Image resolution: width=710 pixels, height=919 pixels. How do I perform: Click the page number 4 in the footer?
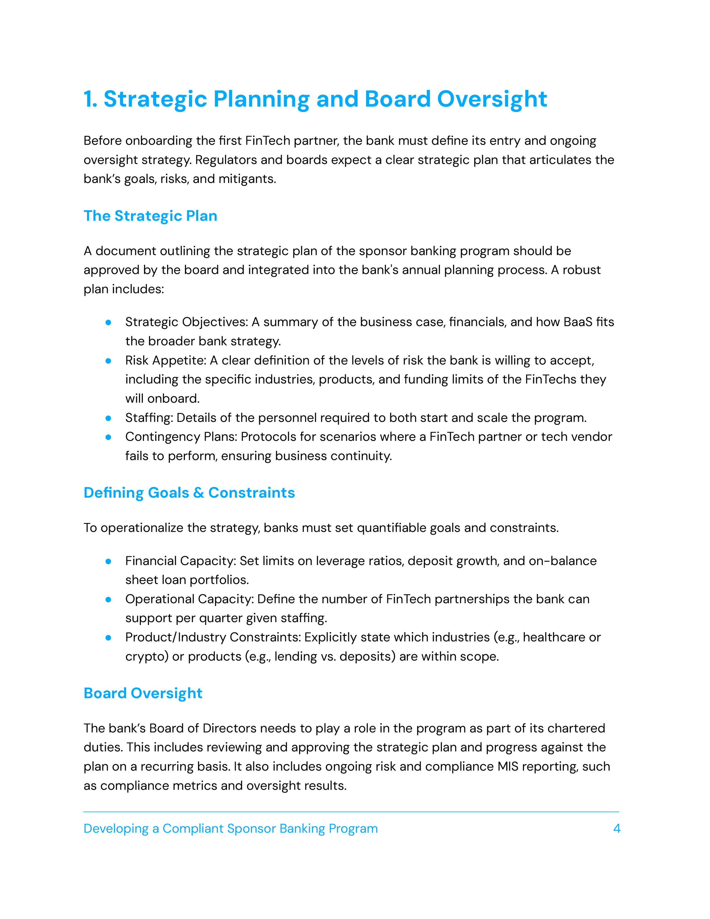pos(617,829)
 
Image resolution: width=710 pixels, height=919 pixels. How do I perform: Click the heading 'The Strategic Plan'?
pos(150,216)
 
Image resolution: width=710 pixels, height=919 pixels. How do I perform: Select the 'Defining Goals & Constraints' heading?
pos(189,493)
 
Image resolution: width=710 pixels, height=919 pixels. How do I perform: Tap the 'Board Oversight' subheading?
pos(143,693)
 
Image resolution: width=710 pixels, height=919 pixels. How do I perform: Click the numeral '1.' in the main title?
pos(90,99)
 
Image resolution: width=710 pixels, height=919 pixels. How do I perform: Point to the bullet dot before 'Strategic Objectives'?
pos(108,322)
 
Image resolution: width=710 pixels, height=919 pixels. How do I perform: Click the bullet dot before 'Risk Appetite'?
pos(108,360)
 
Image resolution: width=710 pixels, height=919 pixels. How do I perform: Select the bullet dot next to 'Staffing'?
pos(108,418)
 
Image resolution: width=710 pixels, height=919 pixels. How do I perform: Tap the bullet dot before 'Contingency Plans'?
pos(108,437)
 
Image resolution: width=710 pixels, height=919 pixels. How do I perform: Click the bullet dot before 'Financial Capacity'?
pos(108,561)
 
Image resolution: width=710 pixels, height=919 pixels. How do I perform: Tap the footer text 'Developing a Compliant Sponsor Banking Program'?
pos(231,829)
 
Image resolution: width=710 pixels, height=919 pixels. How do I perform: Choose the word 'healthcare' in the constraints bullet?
pos(554,637)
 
